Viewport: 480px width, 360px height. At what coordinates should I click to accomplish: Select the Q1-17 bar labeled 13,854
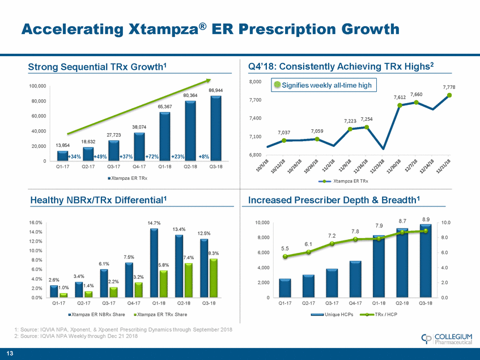click(x=62, y=156)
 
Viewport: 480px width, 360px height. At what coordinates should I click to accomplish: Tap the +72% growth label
click(x=151, y=156)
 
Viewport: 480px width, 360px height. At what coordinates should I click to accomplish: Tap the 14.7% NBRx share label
click(x=154, y=223)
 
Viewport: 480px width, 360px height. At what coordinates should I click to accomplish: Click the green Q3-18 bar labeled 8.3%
click(x=214, y=278)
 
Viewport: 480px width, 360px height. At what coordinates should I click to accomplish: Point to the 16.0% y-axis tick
click(x=34, y=223)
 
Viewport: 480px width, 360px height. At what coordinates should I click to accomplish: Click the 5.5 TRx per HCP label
click(x=285, y=248)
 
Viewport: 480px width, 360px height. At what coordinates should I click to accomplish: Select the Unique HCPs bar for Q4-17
click(x=355, y=279)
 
